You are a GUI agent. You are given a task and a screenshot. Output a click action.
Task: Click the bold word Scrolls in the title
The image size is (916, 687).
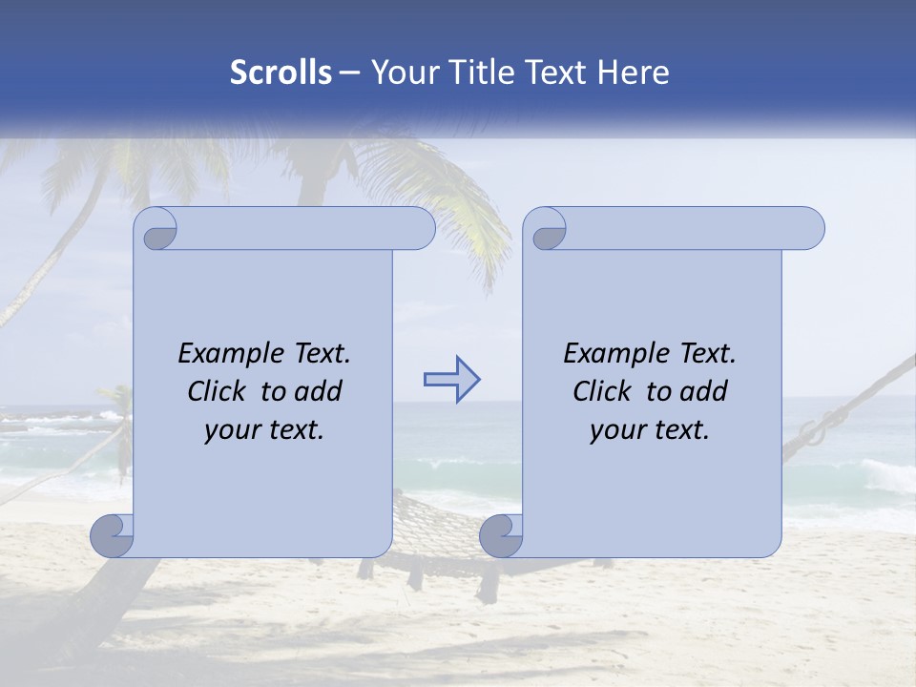point(281,73)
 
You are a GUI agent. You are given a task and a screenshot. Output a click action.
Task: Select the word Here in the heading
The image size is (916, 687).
point(633,73)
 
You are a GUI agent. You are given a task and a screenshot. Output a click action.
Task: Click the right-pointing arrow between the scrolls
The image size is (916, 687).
point(451,380)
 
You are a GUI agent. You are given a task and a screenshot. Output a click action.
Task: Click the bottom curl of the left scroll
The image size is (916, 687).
point(113,536)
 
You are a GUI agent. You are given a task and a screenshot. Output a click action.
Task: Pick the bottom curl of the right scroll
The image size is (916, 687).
point(502,536)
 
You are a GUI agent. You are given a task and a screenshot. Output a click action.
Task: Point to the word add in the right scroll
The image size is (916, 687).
point(703,391)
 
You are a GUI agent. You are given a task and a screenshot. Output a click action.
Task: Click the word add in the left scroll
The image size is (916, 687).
point(318,391)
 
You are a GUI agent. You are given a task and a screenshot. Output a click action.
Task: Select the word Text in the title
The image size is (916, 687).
point(556,73)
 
